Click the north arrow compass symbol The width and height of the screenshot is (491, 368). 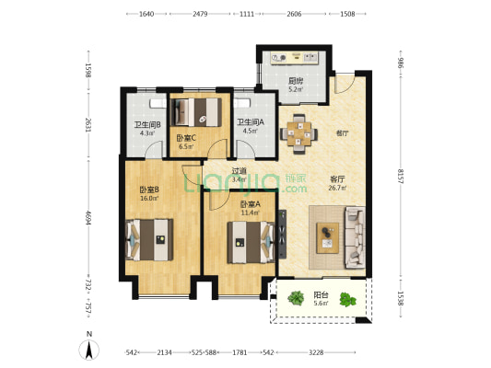tap(89, 350)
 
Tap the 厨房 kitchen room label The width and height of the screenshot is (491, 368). tap(296, 81)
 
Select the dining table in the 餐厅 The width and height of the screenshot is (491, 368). tap(298, 133)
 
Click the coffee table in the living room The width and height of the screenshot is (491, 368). tap(328, 237)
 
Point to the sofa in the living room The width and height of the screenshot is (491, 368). tap(355, 237)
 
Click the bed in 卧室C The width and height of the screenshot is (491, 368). tap(198, 112)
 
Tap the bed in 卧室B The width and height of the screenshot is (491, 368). tap(149, 240)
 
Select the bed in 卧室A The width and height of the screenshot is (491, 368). tap(251, 242)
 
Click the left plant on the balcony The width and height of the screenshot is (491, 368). tap(296, 298)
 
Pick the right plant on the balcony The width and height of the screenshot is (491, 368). tap(348, 300)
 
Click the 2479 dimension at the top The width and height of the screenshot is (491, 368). tap(200, 14)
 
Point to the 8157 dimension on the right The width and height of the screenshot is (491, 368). tap(401, 177)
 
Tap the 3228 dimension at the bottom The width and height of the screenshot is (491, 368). tap(316, 352)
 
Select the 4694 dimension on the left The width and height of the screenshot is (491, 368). tap(88, 218)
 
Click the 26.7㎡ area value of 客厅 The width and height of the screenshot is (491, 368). tap(337, 188)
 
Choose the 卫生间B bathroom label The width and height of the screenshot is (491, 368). tap(147, 125)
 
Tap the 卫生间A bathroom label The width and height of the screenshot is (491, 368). tap(251, 122)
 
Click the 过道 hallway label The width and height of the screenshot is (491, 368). tap(239, 171)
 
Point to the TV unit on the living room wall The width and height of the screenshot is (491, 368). tap(283, 235)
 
